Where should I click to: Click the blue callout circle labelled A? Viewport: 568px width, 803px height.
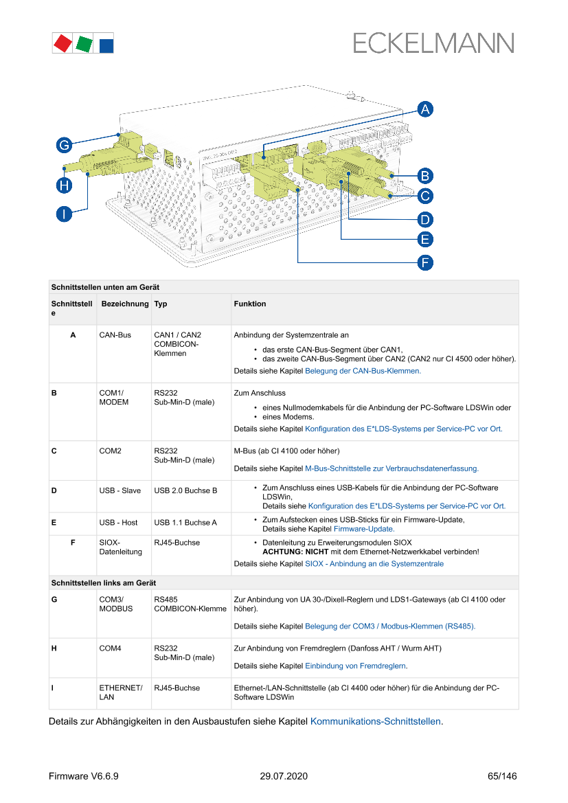(x=425, y=109)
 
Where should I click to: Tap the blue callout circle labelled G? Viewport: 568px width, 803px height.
(x=64, y=145)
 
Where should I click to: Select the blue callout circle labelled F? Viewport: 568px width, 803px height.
(x=425, y=262)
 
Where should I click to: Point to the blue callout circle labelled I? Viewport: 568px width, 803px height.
(x=64, y=214)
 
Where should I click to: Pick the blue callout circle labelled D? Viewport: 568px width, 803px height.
(x=425, y=219)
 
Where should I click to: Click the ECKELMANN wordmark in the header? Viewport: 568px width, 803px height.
(x=433, y=43)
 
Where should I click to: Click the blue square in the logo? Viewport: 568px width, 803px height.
(x=106, y=45)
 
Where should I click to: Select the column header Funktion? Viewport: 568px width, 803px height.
(x=250, y=304)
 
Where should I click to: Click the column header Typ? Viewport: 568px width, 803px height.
(x=160, y=304)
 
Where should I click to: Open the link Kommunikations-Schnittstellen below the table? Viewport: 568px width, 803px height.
(x=376, y=722)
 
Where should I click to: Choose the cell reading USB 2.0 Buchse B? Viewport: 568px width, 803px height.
(x=185, y=490)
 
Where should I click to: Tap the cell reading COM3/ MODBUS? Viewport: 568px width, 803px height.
(x=114, y=604)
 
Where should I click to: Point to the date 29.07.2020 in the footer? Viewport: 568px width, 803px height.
(x=284, y=777)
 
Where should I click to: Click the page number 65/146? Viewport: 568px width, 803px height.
(x=501, y=777)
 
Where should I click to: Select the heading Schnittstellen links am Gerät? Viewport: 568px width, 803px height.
(x=104, y=583)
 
